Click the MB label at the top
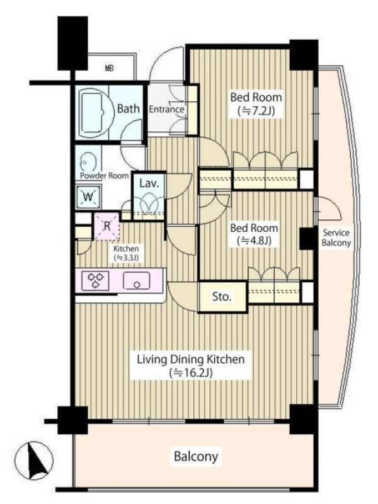pos(109,68)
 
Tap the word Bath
pos(129,108)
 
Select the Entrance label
pos(166,109)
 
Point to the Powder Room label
pos(104,176)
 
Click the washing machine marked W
pos(88,197)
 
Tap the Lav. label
pos(149,183)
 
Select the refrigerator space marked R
pos(107,226)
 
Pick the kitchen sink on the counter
pos(136,281)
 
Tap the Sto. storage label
pos(222,296)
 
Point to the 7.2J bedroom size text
pos(256,112)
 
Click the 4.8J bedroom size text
pos(254,241)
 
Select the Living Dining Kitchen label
pos(191,358)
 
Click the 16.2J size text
pos(192,373)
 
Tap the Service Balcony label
pos(336,238)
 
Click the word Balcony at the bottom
pos(196,456)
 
